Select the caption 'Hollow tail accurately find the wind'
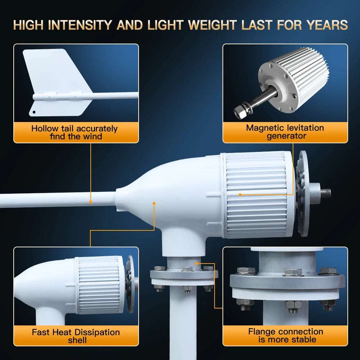(x=75, y=132)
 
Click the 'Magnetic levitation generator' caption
(x=285, y=132)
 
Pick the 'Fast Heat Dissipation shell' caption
(x=76, y=336)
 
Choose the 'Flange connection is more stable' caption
(x=285, y=335)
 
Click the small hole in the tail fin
(x=35, y=112)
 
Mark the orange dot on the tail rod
(x=91, y=202)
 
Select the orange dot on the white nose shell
(x=154, y=203)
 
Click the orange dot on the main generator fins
(x=240, y=195)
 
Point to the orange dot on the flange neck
(x=196, y=263)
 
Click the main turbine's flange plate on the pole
(x=184, y=275)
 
